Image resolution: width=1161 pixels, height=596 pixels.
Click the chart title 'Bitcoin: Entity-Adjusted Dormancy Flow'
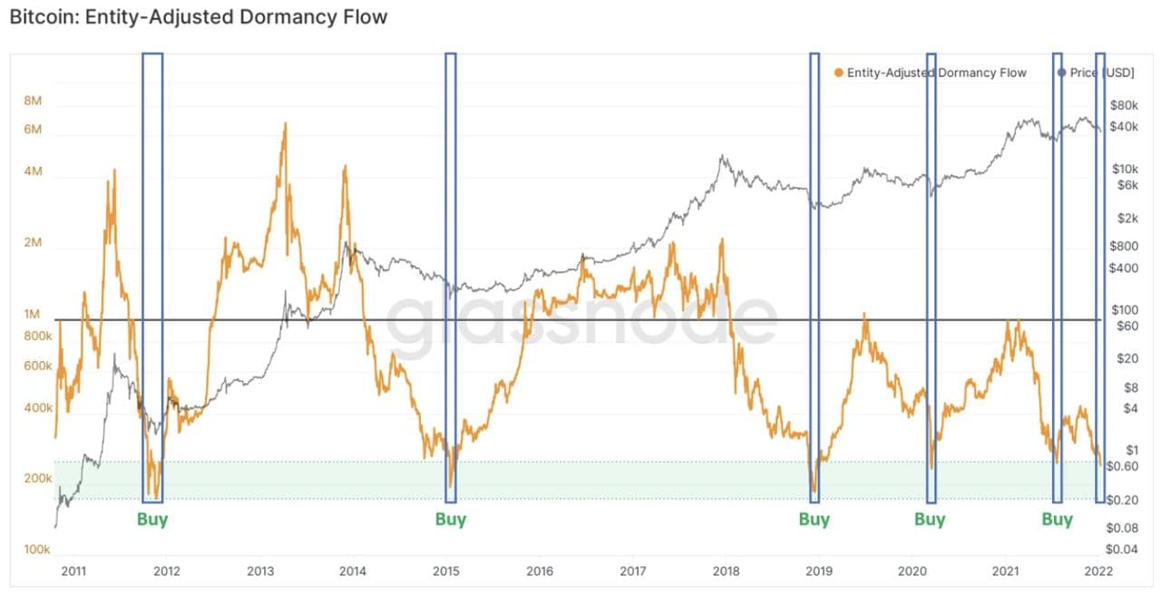(x=198, y=17)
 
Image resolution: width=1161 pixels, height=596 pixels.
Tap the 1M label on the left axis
(x=33, y=314)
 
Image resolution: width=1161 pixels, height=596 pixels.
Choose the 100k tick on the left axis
(x=36, y=550)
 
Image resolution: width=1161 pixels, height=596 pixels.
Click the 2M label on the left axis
(x=33, y=242)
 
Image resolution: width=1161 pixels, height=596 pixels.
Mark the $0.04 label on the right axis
(x=1127, y=549)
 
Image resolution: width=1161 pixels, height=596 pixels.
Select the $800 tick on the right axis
(x=1125, y=246)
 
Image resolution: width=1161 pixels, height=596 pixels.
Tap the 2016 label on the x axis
(x=539, y=572)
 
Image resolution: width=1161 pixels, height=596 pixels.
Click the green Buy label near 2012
(x=152, y=520)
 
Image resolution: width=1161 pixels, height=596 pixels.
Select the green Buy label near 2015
(x=451, y=520)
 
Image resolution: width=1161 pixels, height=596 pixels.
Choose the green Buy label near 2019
(x=815, y=520)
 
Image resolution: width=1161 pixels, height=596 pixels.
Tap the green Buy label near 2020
(x=930, y=520)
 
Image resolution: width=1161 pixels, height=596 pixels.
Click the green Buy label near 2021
(x=1057, y=520)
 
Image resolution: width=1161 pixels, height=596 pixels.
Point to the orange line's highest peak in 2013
(x=285, y=124)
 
